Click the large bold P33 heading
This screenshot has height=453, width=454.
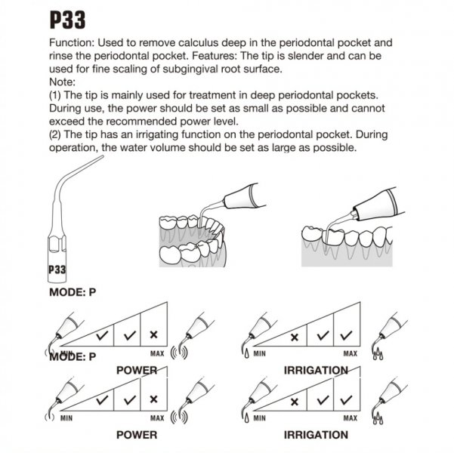tap(67, 20)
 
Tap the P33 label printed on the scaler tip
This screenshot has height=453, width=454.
tap(57, 270)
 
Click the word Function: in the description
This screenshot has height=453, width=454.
tap(72, 43)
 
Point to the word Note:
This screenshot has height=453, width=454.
tap(62, 82)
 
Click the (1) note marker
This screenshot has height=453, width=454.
tap(55, 96)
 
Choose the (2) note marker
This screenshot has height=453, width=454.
tap(55, 135)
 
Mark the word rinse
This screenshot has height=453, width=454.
tap(61, 56)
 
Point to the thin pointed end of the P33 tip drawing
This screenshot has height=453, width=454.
tap(103, 156)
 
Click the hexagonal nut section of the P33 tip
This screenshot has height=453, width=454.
tap(57, 243)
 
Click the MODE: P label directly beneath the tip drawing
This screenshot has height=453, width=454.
tap(73, 292)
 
